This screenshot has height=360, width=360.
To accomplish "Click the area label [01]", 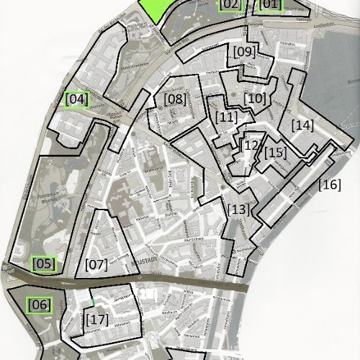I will point(269,5).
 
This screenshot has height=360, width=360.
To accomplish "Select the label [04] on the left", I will point(76,99).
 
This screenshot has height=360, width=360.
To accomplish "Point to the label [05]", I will point(44,264).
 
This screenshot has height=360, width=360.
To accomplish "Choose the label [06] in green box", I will point(40,305).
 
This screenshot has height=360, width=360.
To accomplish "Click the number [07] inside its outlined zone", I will point(96,264).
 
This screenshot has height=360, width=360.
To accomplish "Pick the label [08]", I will point(175,99).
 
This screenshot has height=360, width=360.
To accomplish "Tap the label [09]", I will point(244,52).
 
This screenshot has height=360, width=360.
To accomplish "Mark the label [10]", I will point(255,98).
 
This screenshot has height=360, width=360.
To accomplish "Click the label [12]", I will point(250,145).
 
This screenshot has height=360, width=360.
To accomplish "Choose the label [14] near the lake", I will point(302,125).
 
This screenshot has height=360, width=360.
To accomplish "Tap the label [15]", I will point(275,153).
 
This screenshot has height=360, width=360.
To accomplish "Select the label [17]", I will point(96,318).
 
